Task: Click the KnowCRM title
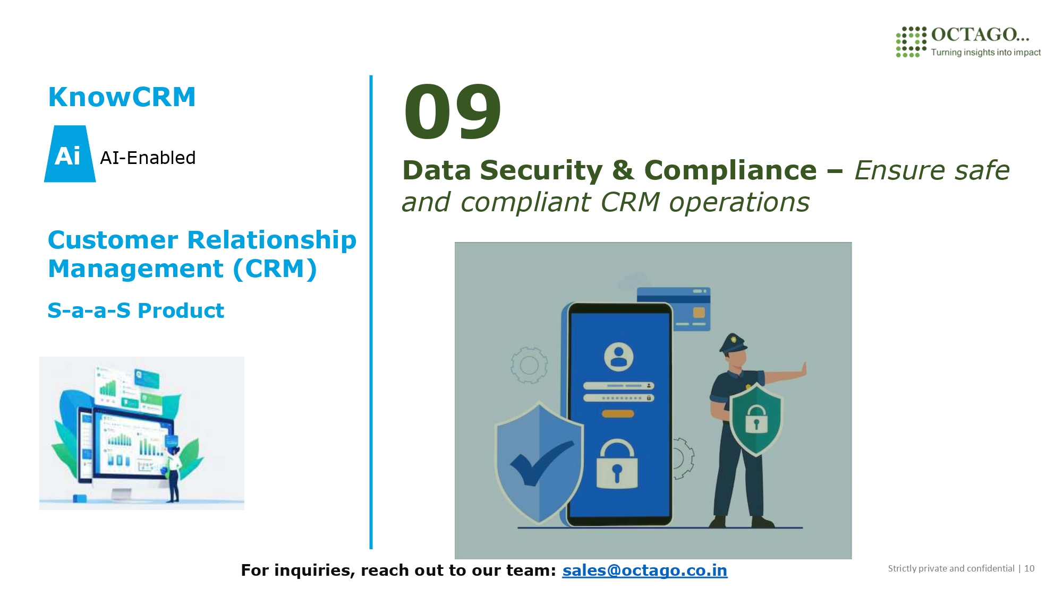point(122,97)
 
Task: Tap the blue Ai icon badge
point(70,154)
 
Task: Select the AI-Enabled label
point(148,158)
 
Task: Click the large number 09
point(452,112)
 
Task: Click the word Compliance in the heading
point(730,170)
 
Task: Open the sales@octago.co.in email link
point(644,570)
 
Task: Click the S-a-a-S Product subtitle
point(136,310)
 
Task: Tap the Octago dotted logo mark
point(911,42)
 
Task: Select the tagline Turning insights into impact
point(985,52)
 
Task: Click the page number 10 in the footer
point(1029,568)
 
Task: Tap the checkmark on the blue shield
point(541,462)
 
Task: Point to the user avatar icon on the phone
point(619,357)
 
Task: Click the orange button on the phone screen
point(618,413)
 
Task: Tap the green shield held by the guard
point(756,418)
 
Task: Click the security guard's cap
point(733,343)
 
